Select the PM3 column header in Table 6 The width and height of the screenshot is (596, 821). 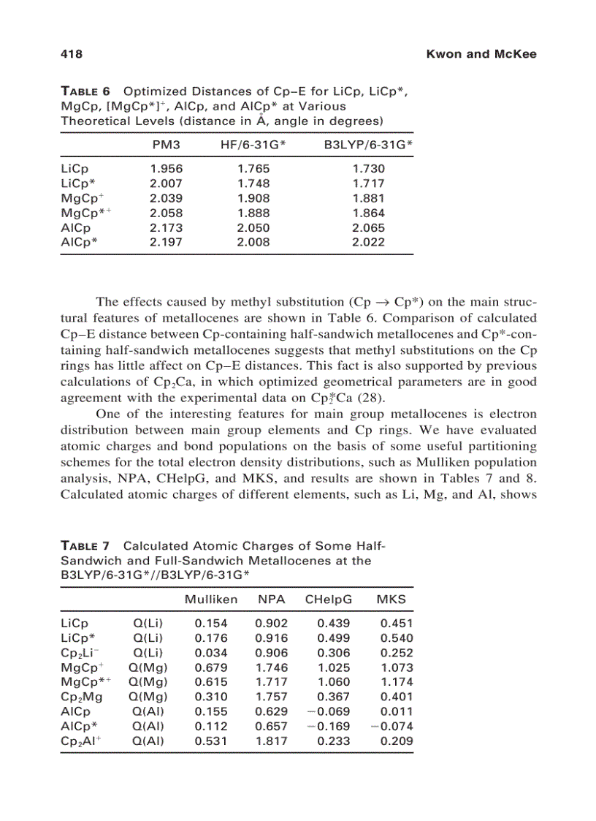(166, 145)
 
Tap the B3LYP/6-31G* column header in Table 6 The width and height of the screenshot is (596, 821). (368, 145)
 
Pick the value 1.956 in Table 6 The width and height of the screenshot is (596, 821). (166, 169)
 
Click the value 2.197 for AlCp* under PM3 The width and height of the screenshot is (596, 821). (166, 242)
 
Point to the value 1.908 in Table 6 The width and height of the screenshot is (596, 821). (253, 198)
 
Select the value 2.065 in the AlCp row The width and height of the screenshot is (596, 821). (368, 227)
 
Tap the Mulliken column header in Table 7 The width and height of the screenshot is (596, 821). (211, 599)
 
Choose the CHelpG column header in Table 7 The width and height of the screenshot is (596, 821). (329, 599)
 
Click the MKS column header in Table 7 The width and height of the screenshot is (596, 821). (391, 599)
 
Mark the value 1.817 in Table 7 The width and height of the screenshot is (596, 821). (271, 741)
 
